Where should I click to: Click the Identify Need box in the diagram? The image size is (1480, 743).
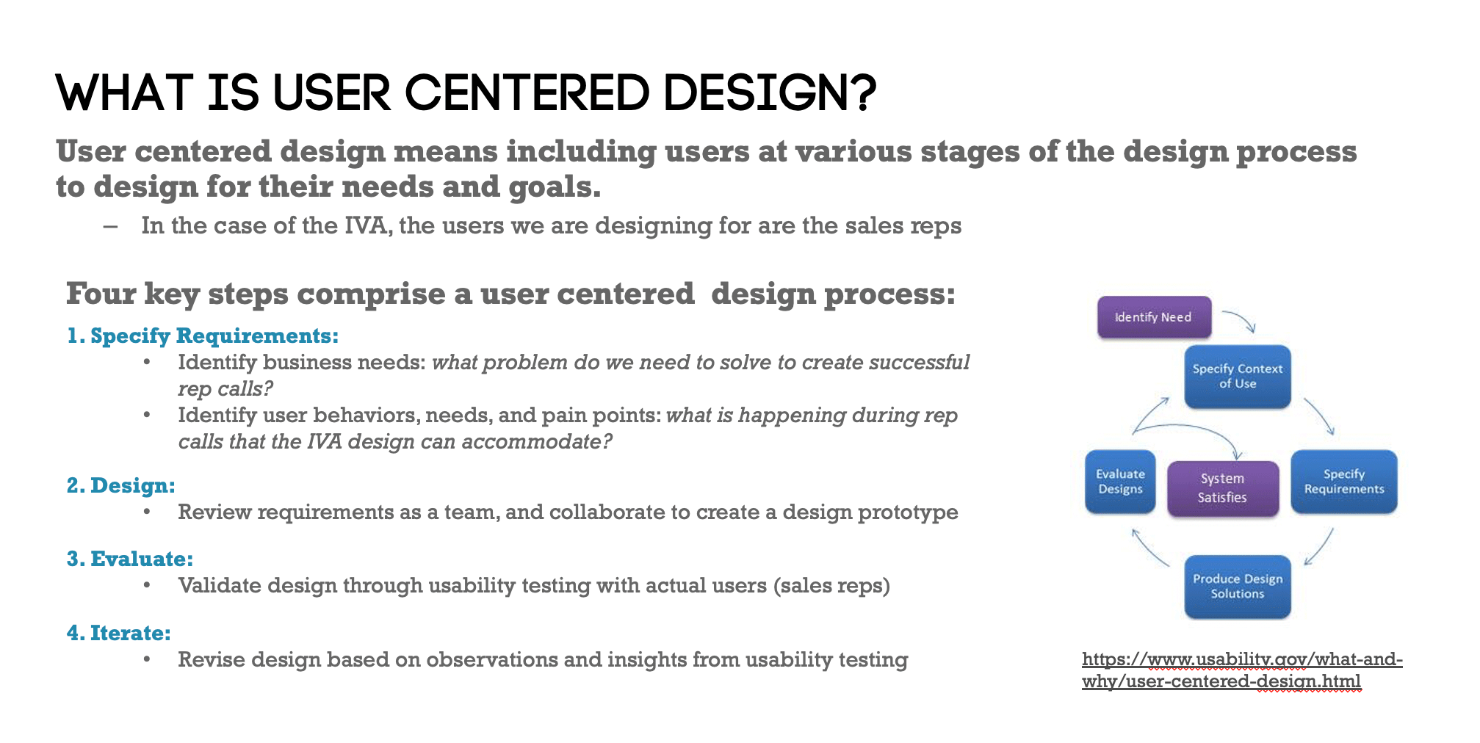pyautogui.click(x=1153, y=317)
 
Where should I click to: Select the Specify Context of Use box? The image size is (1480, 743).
pyautogui.click(x=1237, y=377)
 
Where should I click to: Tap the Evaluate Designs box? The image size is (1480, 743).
pyautogui.click(x=1120, y=482)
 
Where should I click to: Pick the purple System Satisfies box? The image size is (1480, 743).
pyautogui.click(x=1222, y=488)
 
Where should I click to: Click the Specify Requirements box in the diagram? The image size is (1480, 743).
pyautogui.click(x=1343, y=482)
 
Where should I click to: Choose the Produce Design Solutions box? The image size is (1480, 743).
pyautogui.click(x=1237, y=587)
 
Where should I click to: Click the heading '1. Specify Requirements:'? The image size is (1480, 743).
pyautogui.click(x=203, y=336)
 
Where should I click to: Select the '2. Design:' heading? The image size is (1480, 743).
pyautogui.click(x=121, y=485)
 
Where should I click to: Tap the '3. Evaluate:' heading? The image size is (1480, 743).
pyautogui.click(x=130, y=559)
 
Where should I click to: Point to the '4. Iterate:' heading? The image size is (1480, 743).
pyautogui.click(x=119, y=633)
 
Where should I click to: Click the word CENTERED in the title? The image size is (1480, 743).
pyautogui.click(x=527, y=94)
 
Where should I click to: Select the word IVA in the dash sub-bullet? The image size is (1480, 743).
pyautogui.click(x=367, y=225)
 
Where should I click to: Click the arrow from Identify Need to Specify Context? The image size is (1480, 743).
pyautogui.click(x=1240, y=320)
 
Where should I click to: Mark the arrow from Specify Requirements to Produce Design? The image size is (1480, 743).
pyautogui.click(x=1319, y=548)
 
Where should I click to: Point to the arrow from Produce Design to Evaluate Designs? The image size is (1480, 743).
pyautogui.click(x=1149, y=548)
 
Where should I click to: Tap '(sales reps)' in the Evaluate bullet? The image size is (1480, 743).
pyautogui.click(x=831, y=585)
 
